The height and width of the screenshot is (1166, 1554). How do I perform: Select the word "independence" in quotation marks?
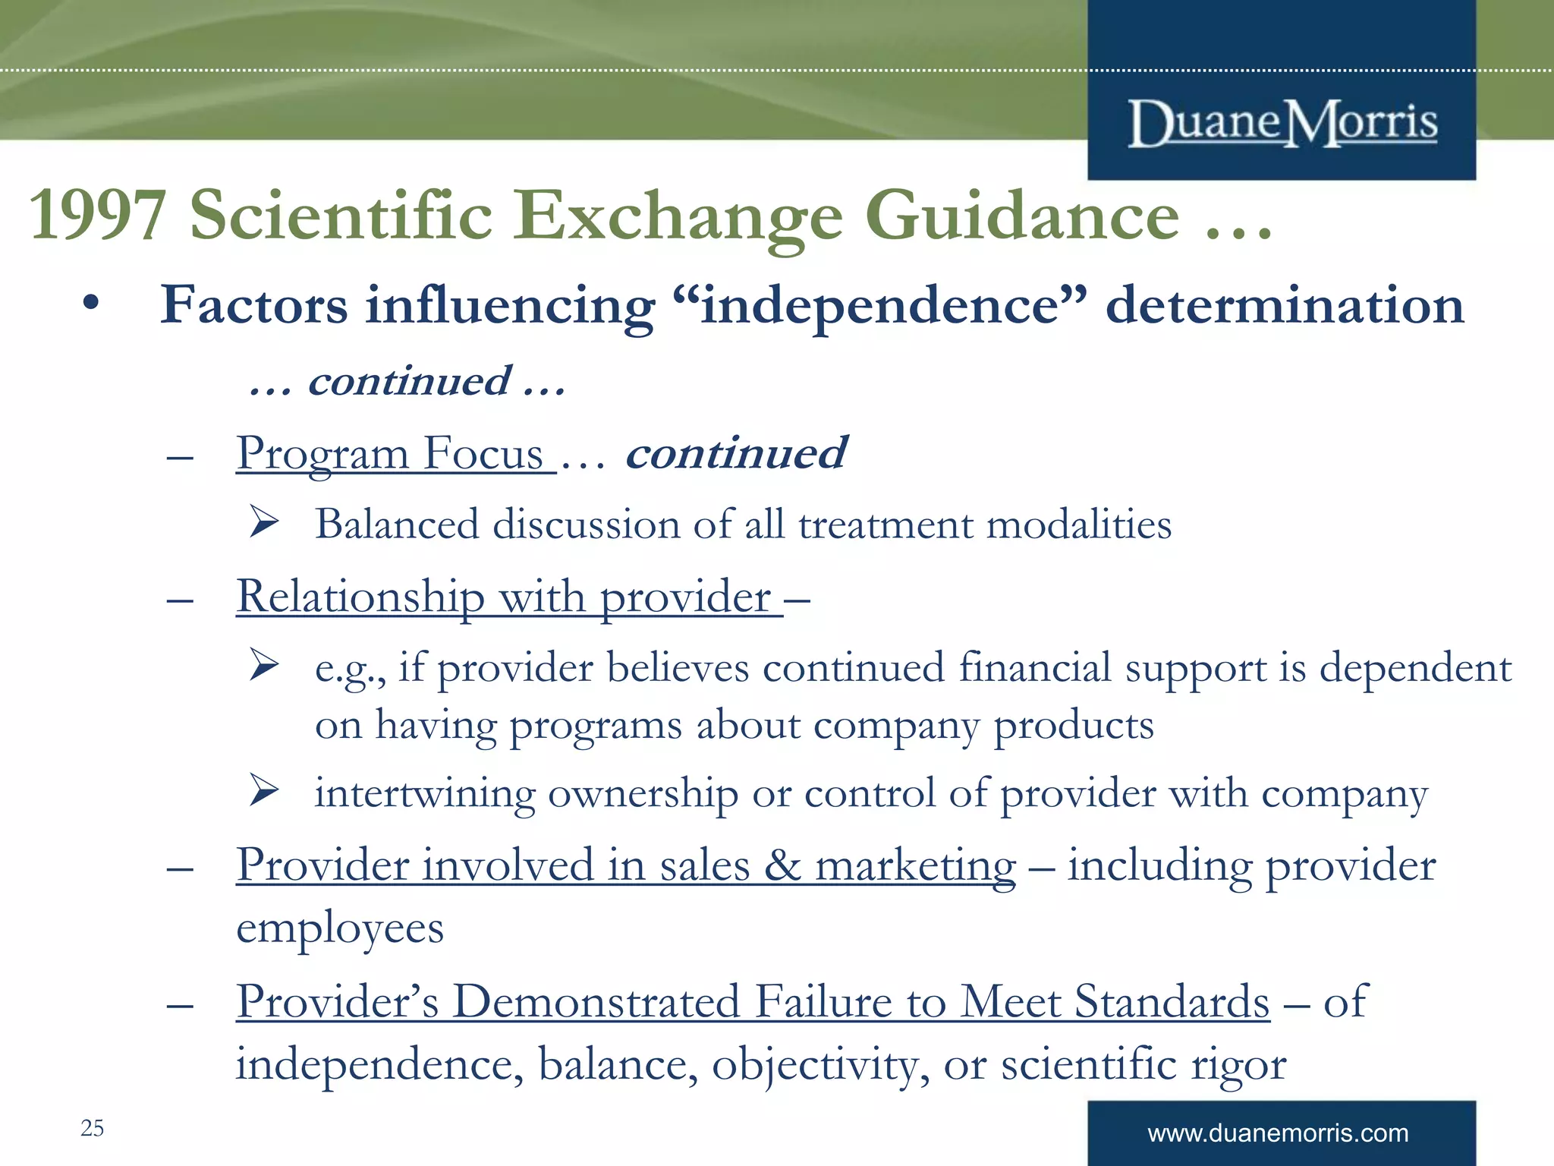click(880, 305)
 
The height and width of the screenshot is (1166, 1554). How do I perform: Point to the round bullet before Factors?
click(91, 304)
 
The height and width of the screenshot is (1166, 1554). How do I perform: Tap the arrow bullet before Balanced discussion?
click(264, 522)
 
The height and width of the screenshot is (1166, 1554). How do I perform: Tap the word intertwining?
click(425, 794)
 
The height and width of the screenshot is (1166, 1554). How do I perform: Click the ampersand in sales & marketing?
click(782, 866)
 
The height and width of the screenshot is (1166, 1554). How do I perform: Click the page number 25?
click(92, 1128)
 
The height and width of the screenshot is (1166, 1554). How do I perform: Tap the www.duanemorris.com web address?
click(1278, 1133)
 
